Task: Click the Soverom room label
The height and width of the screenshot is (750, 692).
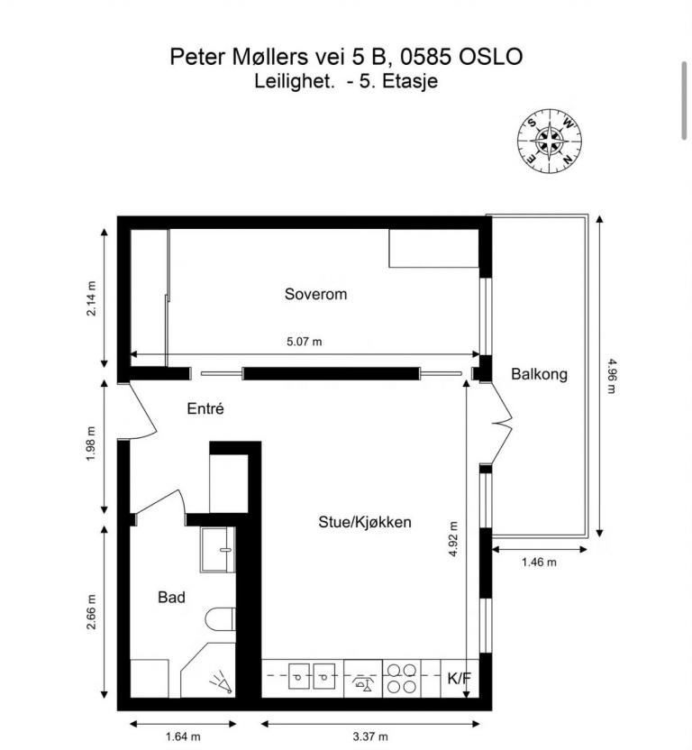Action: point(315,294)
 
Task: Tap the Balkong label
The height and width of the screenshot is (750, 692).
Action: point(539,373)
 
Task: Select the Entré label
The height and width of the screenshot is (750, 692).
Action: point(205,408)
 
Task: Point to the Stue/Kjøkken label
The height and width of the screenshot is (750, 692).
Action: point(364,522)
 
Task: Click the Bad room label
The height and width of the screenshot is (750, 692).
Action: point(171,597)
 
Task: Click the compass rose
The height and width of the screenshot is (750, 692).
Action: point(550,141)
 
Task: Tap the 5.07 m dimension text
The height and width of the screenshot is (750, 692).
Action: point(305,342)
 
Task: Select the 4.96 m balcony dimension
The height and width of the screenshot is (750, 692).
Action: point(611,376)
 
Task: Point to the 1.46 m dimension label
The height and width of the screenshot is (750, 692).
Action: point(539,562)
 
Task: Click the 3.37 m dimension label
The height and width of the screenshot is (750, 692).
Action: point(370,736)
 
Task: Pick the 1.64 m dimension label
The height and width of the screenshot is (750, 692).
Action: point(183,736)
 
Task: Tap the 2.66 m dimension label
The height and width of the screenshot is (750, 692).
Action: point(91,612)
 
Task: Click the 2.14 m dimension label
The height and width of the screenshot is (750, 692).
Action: point(91,298)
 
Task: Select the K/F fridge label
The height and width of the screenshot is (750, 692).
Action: point(460,678)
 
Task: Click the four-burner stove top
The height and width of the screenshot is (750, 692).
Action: point(401,678)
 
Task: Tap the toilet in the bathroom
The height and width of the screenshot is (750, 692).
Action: point(221,619)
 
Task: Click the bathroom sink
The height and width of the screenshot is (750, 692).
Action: point(217,550)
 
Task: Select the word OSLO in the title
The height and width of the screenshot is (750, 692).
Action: point(490,57)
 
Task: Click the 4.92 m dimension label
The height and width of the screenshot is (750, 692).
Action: point(453,538)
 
